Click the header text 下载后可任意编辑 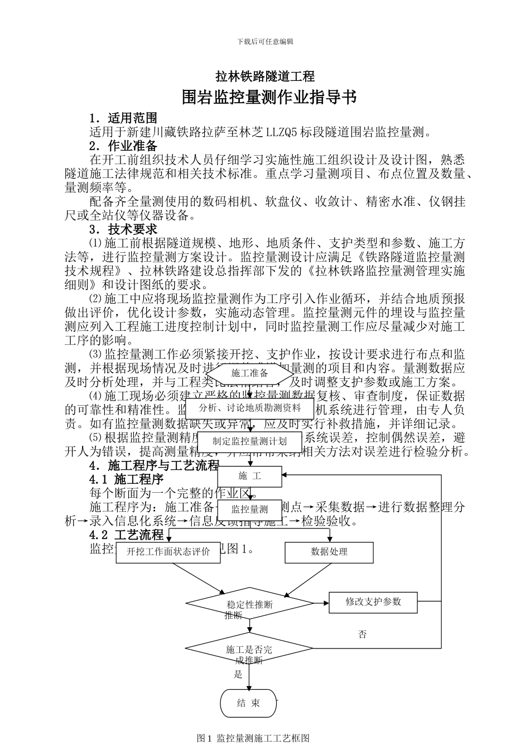pyautogui.click(x=265, y=42)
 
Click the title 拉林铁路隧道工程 pyautogui.click(x=265, y=76)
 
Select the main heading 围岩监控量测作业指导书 pyautogui.click(x=269, y=98)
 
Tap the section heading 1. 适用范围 pyautogui.click(x=123, y=118)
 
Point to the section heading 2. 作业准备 pyautogui.click(x=123, y=146)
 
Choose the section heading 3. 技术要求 pyautogui.click(x=123, y=229)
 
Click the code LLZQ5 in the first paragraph pyautogui.click(x=282, y=132)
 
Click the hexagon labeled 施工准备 pyautogui.click(x=249, y=373)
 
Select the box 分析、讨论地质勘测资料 pyautogui.click(x=249, y=408)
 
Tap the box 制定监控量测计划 pyautogui.click(x=249, y=441)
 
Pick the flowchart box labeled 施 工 pyautogui.click(x=249, y=476)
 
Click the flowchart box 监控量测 pyautogui.click(x=249, y=509)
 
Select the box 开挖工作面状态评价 pyautogui.click(x=168, y=552)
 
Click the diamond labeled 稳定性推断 pyautogui.click(x=249, y=604)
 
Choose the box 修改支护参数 pyautogui.click(x=373, y=602)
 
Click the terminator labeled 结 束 pyautogui.click(x=248, y=703)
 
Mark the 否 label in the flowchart pyautogui.click(x=363, y=634)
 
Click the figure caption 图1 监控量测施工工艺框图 pyautogui.click(x=253, y=738)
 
